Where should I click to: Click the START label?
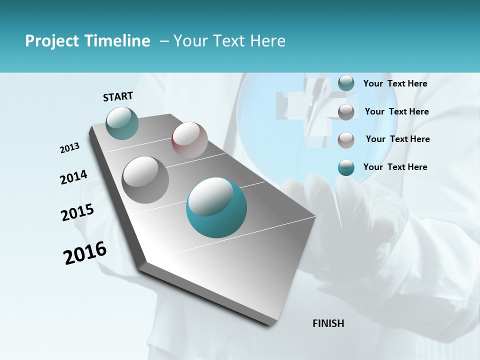(118, 96)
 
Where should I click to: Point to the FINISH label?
(328, 323)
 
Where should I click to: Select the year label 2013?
(69, 148)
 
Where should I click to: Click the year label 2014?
(73, 177)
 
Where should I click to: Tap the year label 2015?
(77, 212)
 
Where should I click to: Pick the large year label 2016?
(85, 253)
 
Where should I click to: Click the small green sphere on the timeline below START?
(122, 123)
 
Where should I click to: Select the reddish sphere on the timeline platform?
(189, 140)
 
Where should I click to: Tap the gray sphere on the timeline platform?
(145, 179)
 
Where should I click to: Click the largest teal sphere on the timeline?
(216, 207)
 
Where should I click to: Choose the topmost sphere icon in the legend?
(346, 83)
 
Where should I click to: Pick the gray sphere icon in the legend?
(346, 112)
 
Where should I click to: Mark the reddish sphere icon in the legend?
(346, 140)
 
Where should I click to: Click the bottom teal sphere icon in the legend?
(346, 168)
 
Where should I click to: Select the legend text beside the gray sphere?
(396, 111)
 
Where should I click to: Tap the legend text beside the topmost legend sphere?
(395, 83)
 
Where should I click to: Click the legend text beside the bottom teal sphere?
(395, 167)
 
